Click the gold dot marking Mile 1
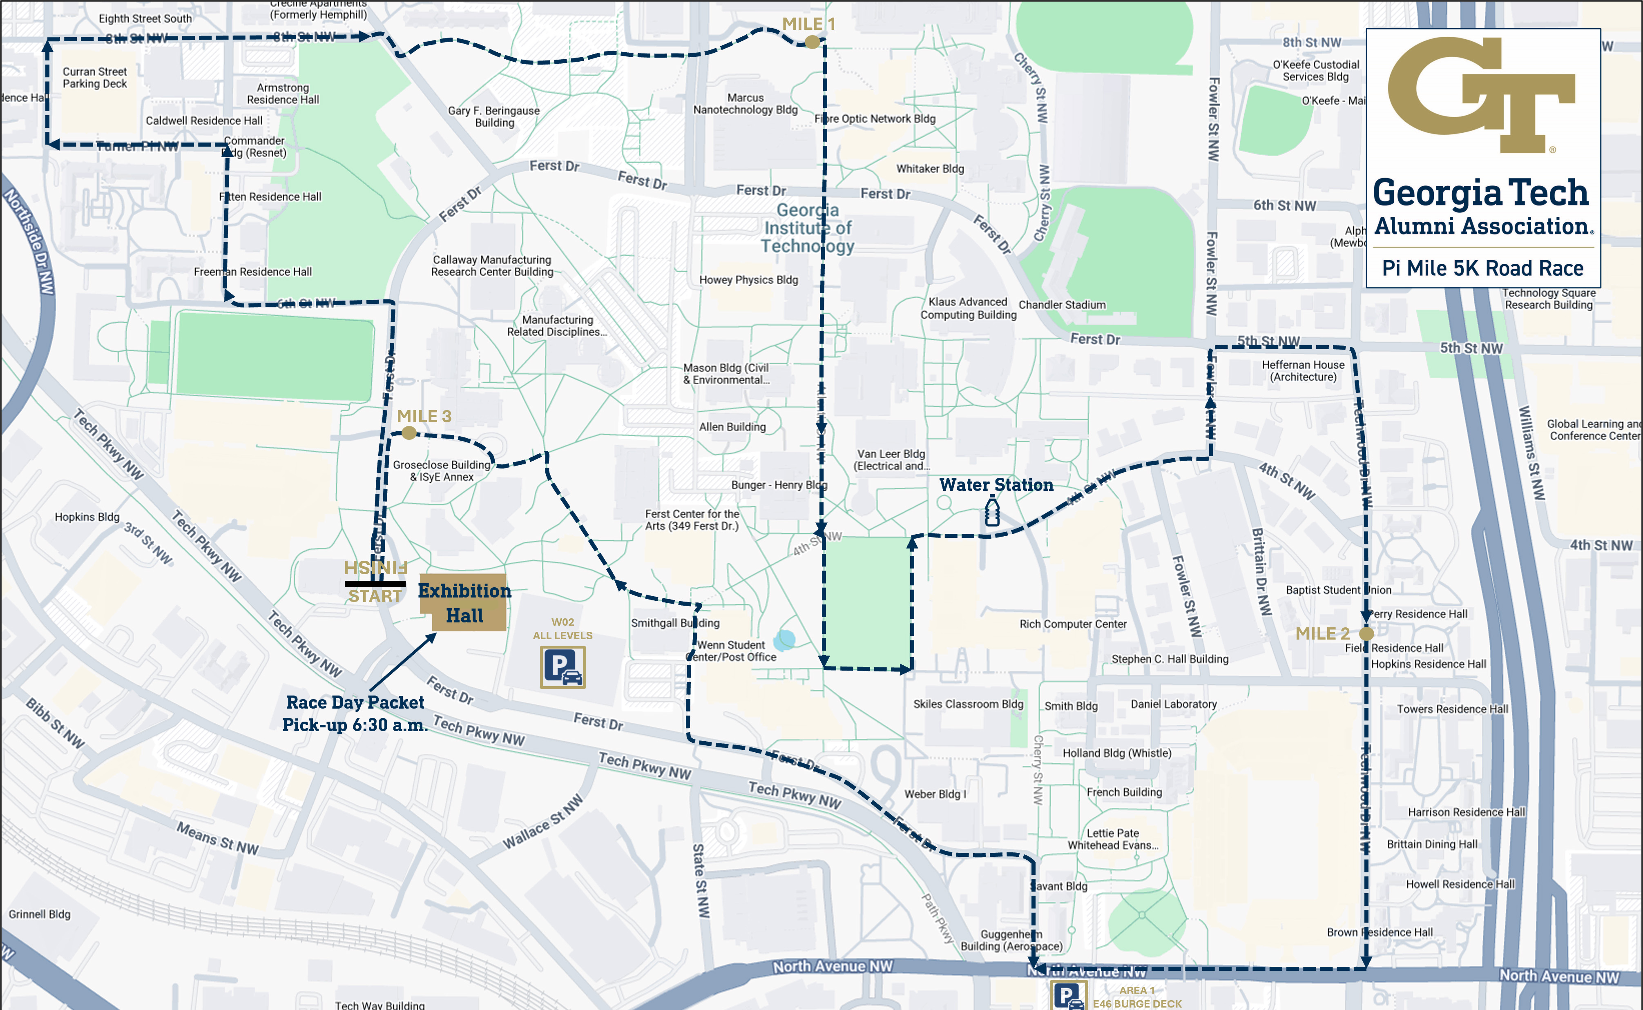point(812,42)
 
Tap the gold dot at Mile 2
point(1366,633)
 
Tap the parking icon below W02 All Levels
point(563,667)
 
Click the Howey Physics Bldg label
point(748,280)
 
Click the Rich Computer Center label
point(1072,624)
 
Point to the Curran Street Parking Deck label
point(94,78)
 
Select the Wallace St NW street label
point(542,822)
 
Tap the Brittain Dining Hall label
point(1431,844)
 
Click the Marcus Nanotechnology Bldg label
point(745,104)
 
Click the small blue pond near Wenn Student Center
point(784,640)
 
